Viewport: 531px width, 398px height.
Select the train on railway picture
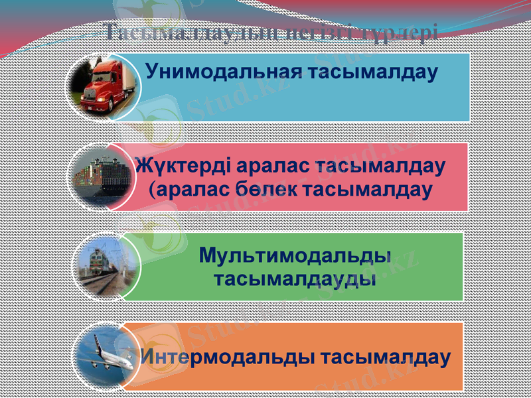coord(106,265)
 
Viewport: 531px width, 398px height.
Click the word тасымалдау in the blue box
coord(374,71)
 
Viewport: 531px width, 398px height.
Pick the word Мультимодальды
coord(294,255)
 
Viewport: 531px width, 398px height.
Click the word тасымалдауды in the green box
coord(295,279)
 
